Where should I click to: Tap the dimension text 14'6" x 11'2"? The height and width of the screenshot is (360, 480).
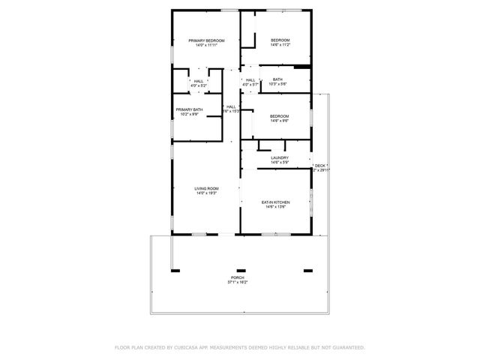tap(280, 45)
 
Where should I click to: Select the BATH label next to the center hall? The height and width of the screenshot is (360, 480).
tap(277, 79)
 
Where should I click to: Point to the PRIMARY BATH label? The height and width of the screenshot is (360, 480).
tap(189, 109)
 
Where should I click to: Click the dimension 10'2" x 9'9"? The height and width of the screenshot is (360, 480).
tap(189, 115)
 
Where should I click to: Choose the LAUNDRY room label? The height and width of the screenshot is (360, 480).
tap(280, 157)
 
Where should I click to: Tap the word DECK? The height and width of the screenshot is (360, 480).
tap(320, 165)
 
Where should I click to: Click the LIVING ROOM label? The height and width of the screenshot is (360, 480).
tap(206, 188)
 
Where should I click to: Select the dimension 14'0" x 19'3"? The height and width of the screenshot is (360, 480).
tap(206, 193)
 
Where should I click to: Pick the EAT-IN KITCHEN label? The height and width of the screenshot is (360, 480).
tap(275, 202)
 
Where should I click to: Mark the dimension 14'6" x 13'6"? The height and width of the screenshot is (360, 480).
tap(275, 207)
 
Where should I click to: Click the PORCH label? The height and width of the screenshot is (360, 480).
tap(237, 277)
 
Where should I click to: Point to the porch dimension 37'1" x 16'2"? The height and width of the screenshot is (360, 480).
tap(237, 283)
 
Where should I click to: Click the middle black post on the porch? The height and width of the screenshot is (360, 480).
tap(241, 270)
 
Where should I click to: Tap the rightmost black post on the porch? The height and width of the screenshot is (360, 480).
tap(307, 270)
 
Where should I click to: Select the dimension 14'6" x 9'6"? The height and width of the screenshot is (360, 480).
tap(280, 121)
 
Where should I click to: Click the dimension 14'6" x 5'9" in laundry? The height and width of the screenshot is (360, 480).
tap(280, 163)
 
